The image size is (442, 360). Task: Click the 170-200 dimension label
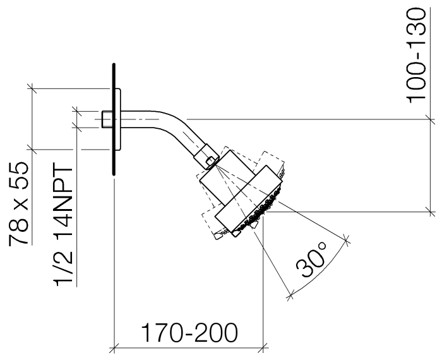[x=189, y=333]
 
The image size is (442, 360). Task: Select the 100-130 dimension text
[x=415, y=56]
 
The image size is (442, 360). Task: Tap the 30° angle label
[x=311, y=259]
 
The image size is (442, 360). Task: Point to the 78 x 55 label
[x=18, y=203]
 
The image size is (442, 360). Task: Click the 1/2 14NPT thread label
[x=63, y=224]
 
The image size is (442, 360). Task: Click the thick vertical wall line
[x=114, y=119]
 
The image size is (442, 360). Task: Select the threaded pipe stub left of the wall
[x=107, y=119]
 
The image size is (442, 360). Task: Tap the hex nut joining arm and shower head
[x=206, y=157]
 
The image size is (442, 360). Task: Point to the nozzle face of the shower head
[x=258, y=211]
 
